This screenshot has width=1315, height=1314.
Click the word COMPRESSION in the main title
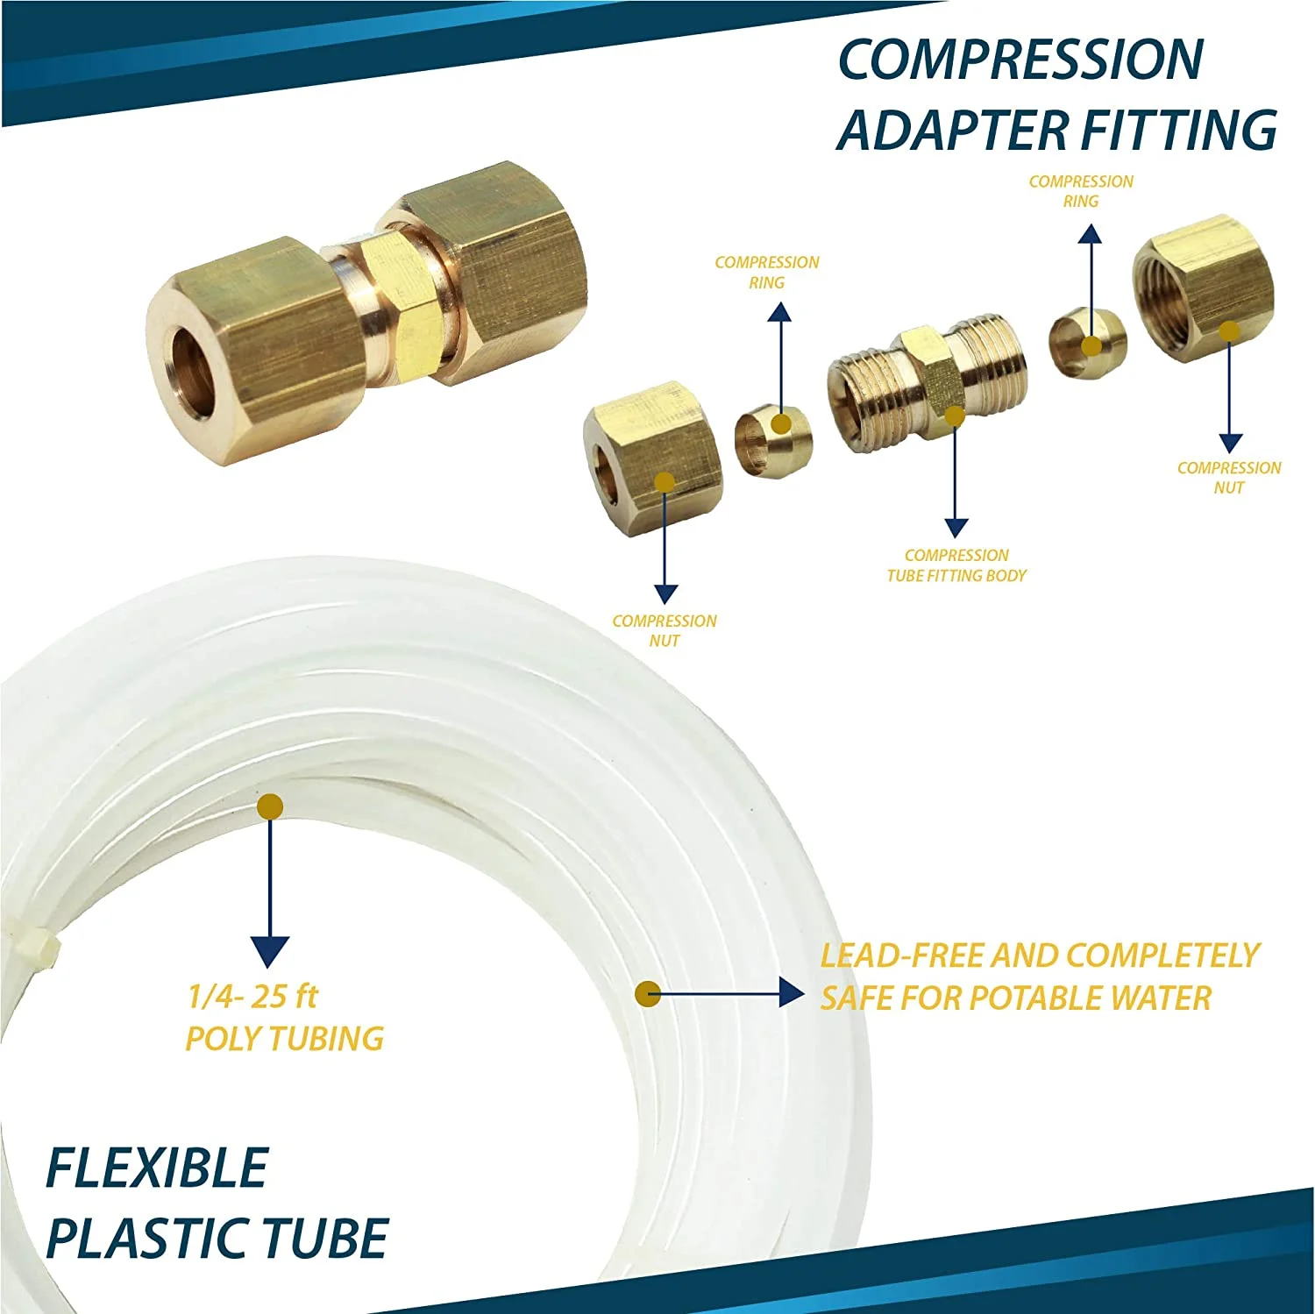click(x=1020, y=60)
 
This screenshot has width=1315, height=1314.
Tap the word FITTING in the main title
click(x=1180, y=130)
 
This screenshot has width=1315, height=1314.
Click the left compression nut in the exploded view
click(x=653, y=457)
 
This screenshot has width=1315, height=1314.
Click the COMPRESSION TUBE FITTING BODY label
click(x=956, y=565)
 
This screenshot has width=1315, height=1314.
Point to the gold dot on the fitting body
click(x=955, y=416)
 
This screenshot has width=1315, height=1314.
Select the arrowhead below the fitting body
click(x=956, y=528)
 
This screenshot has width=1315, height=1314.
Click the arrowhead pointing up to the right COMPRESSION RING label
click(x=1091, y=233)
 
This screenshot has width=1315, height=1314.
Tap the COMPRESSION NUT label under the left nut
click(x=665, y=631)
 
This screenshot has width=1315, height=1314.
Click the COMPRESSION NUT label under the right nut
click(x=1229, y=478)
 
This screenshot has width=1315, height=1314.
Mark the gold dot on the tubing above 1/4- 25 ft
click(x=270, y=806)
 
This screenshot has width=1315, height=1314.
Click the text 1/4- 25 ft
click(x=252, y=997)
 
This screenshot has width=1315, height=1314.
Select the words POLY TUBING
click(x=285, y=1039)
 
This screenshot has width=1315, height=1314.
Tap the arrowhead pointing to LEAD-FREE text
click(x=792, y=993)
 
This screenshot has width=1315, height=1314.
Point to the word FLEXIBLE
click(x=156, y=1168)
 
